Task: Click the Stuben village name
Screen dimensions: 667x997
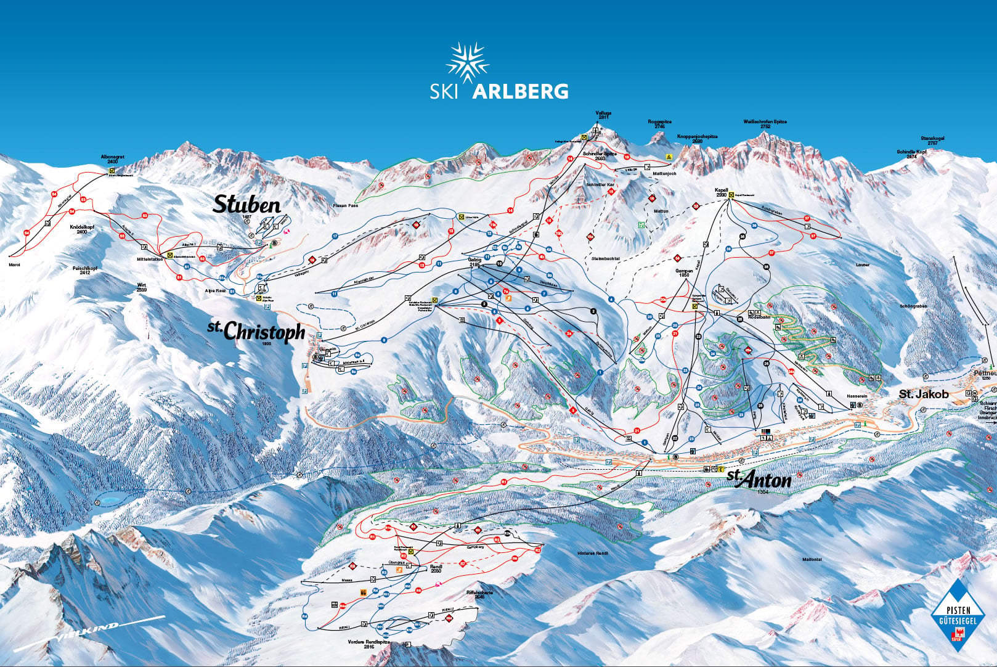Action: pyautogui.click(x=246, y=205)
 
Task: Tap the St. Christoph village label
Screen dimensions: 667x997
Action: pyautogui.click(x=257, y=331)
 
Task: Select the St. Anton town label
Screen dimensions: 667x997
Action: pyautogui.click(x=759, y=478)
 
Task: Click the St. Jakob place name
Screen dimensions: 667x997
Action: pyautogui.click(x=923, y=394)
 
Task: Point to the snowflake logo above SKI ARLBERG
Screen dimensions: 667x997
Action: pyautogui.click(x=468, y=63)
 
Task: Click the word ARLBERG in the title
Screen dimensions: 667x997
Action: pyautogui.click(x=520, y=92)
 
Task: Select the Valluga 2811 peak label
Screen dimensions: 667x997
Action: pyautogui.click(x=603, y=115)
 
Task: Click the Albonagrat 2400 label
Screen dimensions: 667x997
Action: pyautogui.click(x=113, y=159)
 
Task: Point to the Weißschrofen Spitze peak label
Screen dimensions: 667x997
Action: pyautogui.click(x=765, y=124)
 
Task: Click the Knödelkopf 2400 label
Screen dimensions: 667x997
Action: pyautogui.click(x=82, y=229)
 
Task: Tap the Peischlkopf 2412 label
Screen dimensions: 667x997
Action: pyautogui.click(x=81, y=270)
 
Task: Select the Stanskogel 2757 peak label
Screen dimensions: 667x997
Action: pyautogui.click(x=932, y=141)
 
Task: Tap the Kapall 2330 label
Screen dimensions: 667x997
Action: pyautogui.click(x=722, y=192)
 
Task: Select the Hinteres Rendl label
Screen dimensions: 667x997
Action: pyautogui.click(x=593, y=554)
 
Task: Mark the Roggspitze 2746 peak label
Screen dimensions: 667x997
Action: pyautogui.click(x=659, y=124)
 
